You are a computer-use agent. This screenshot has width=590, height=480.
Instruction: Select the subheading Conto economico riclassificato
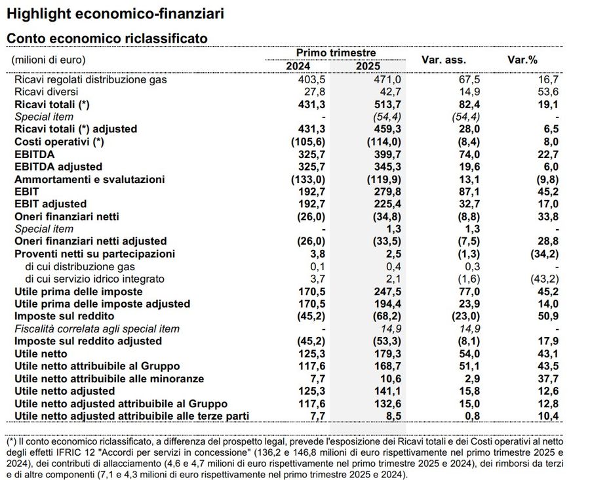[x=107, y=39]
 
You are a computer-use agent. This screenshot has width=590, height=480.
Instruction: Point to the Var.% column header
[x=522, y=60]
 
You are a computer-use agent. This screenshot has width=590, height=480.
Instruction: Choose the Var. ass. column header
[x=444, y=60]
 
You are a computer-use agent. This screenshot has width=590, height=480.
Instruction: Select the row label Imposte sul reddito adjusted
[x=88, y=341]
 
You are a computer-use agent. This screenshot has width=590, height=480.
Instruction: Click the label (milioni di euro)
[x=49, y=60]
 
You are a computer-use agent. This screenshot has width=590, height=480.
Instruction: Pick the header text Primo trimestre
[x=336, y=52]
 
